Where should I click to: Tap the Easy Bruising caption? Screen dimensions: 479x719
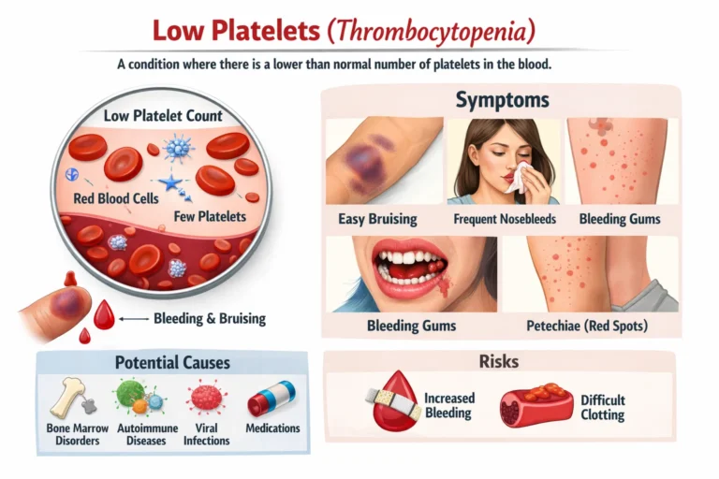[376, 219]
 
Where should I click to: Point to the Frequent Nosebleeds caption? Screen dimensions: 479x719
[505, 219]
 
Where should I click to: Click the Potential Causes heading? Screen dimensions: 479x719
[172, 362]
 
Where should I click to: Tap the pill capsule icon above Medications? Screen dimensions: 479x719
[271, 399]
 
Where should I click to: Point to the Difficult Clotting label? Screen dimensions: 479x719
[603, 407]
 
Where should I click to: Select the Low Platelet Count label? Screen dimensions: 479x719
[163, 116]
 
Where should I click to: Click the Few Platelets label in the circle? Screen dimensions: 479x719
[210, 216]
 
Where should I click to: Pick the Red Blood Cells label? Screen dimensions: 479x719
[114, 199]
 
